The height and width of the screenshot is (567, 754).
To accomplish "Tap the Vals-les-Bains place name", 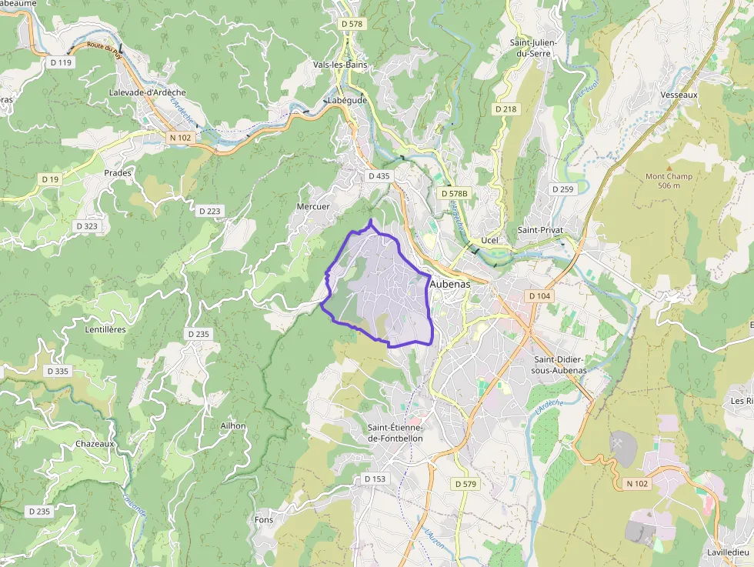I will [340, 65].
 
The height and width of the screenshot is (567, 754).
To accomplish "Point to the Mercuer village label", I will [313, 206].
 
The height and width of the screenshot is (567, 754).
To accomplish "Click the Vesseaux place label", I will [679, 95].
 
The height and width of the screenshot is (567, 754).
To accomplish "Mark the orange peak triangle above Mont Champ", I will [669, 167].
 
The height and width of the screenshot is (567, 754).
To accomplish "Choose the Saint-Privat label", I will [540, 230].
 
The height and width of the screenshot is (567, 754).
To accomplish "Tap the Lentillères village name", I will [105, 329].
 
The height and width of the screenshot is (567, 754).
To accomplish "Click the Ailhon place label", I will [233, 425].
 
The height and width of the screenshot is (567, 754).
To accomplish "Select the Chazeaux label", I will [95, 444].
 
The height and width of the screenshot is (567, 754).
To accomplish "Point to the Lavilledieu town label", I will [729, 552].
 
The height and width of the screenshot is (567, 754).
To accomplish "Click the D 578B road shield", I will [455, 193].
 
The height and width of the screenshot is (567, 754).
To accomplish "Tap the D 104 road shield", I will [540, 296].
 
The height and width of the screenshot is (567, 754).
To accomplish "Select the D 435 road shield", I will [379, 175].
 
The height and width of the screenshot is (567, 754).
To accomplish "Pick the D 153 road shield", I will [375, 479].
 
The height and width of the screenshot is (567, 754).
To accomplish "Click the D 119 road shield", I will [60, 62].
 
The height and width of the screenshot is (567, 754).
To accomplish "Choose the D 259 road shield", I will [562, 188].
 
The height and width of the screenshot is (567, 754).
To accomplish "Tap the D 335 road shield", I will [58, 371].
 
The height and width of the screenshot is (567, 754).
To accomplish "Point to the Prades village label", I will [118, 173].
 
